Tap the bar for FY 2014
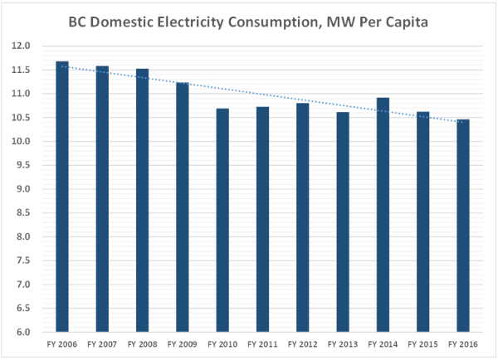point(383,215)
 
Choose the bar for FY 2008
point(143,200)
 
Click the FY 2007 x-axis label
point(102,343)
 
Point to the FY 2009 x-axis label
point(183,343)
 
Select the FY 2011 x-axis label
point(262,343)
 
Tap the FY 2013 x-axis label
point(343,343)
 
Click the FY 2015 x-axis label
point(422,343)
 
